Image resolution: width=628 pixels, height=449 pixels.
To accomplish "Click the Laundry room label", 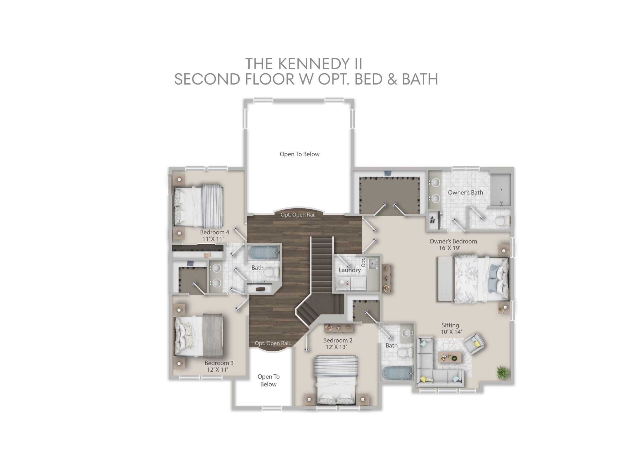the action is pos(349,270).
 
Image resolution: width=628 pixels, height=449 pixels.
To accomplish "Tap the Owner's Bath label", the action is pos(465,192).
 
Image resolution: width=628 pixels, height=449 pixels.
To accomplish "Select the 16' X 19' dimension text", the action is pos(450,248).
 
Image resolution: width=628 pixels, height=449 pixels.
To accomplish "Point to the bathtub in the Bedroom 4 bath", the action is pos(263,252).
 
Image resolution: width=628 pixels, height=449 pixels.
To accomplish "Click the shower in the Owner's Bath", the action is pos(501,190).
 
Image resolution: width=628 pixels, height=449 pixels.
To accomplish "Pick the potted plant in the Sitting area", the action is pos(502,373).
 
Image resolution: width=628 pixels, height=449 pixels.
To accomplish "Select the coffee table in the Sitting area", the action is pos(449,357).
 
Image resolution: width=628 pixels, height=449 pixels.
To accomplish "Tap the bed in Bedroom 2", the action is pos(336,380).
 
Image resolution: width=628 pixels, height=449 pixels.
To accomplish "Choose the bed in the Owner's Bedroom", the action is pos(473,279).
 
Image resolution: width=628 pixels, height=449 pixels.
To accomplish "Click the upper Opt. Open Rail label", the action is pos(298,215).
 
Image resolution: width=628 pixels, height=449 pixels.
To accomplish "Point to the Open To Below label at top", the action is pos(300,154).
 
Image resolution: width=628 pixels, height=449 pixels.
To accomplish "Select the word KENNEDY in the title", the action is pos(314,64).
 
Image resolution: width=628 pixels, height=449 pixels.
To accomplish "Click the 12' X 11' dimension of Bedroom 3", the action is pos(217,370).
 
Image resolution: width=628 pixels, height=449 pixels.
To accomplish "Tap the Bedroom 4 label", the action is pos(214,232).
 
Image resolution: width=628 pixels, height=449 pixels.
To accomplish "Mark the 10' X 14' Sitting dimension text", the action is pos(451,332).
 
